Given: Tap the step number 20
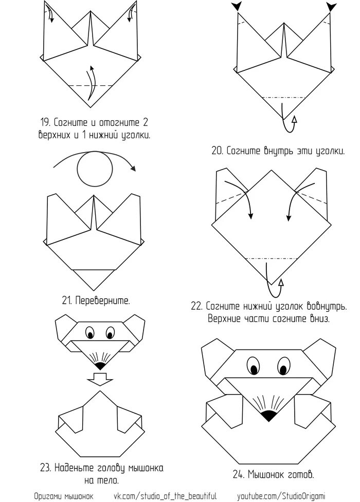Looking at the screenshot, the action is (x=217, y=151).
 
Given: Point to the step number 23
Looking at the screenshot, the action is (x=45, y=468).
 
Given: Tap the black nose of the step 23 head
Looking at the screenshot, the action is (x=100, y=365).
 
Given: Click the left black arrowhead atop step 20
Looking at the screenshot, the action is (x=238, y=6).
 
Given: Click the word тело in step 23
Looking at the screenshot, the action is (x=107, y=481).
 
